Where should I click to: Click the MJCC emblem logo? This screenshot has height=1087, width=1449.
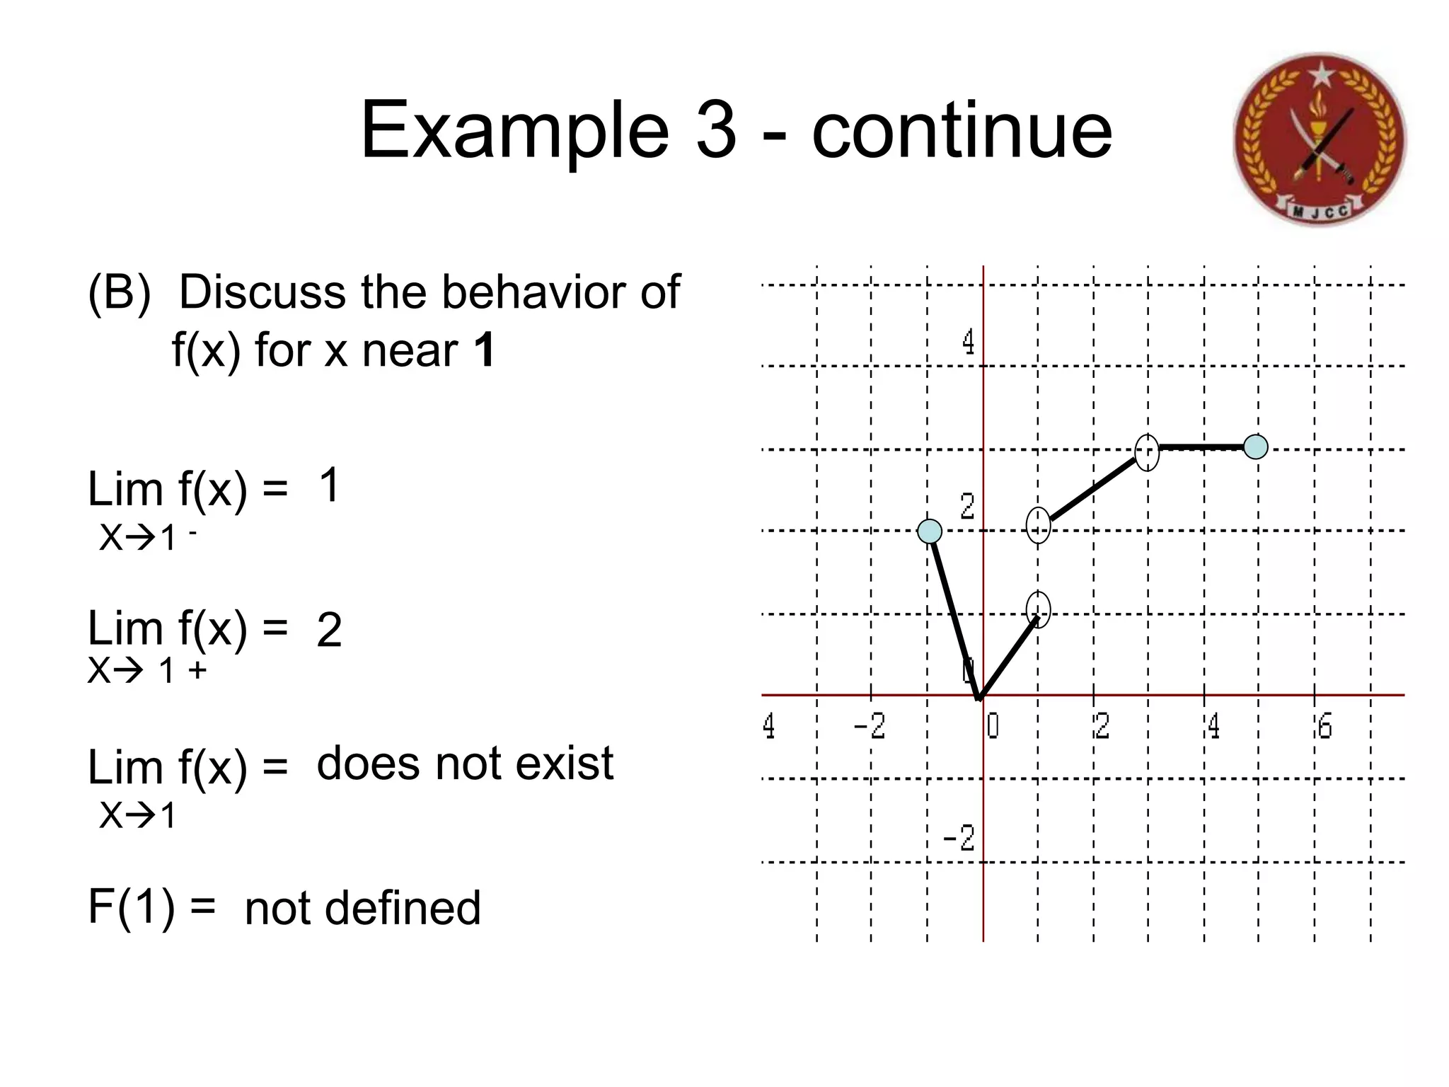pos(1320,139)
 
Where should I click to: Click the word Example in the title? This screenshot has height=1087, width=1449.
pos(514,131)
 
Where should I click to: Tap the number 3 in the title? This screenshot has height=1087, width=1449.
pos(716,131)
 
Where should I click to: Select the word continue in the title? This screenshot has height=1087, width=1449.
pos(962,131)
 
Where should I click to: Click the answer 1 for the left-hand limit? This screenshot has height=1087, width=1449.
pos(329,485)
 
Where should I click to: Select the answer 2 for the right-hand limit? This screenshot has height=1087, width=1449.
pos(329,630)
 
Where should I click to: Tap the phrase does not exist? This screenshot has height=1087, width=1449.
pos(465,764)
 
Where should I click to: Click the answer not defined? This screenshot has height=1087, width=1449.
pos(362,908)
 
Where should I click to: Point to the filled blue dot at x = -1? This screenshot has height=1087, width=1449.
pos(930,531)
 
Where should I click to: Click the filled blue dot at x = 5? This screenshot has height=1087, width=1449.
pos(1256,447)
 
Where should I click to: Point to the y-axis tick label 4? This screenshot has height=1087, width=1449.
pos(968,343)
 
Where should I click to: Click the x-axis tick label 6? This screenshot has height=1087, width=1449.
pos(1324,727)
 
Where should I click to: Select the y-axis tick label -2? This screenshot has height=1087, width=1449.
pos(959,839)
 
